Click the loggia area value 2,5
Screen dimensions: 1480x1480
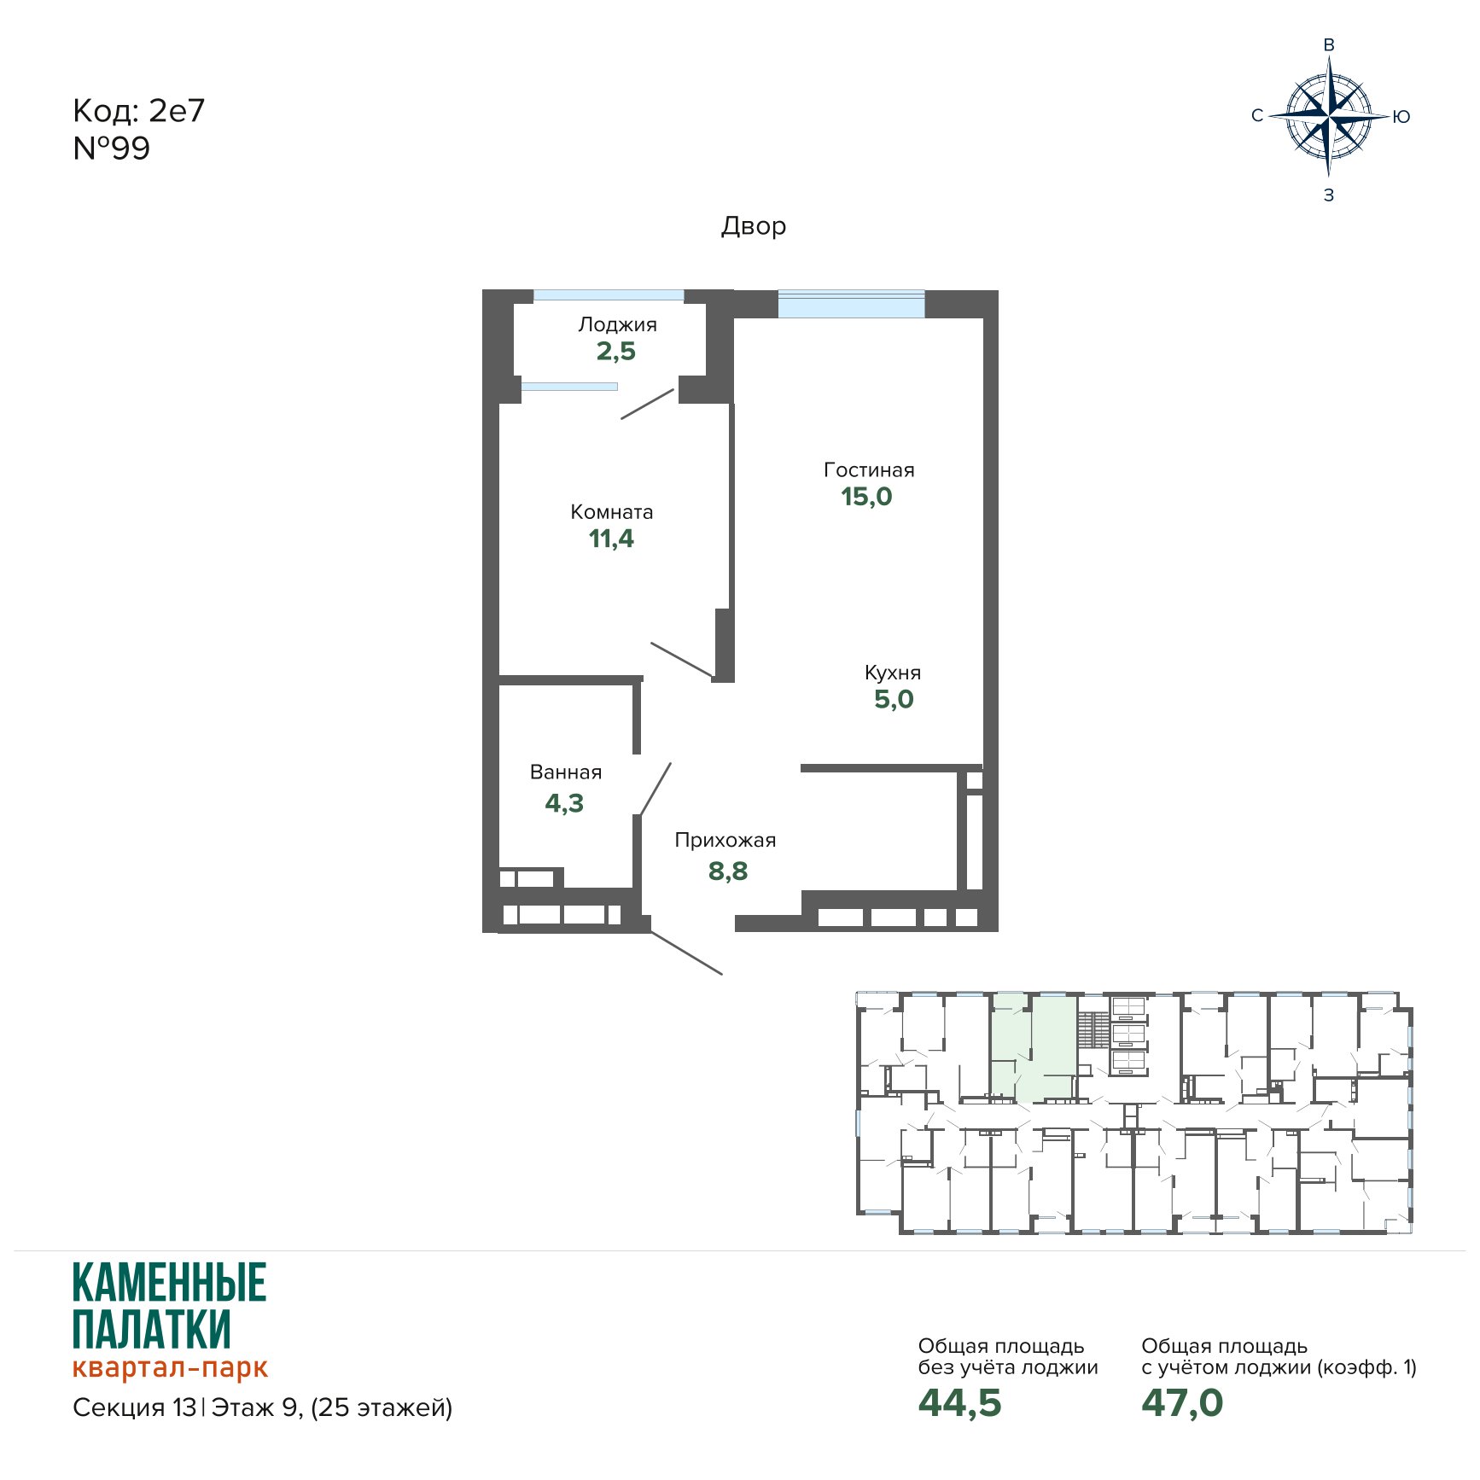pyautogui.click(x=615, y=351)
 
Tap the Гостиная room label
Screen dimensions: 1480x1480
pyautogui.click(x=869, y=469)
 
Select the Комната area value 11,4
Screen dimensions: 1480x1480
pyautogui.click(x=611, y=539)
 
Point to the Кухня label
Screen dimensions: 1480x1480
pyautogui.click(x=893, y=673)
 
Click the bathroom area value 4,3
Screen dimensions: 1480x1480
pyautogui.click(x=564, y=803)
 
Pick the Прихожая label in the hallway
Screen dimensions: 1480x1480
pyautogui.click(x=725, y=840)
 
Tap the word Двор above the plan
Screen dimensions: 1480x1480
pyautogui.click(x=754, y=226)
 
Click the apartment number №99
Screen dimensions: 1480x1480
pyautogui.click(x=112, y=149)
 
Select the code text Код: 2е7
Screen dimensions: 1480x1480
pyautogui.click(x=139, y=111)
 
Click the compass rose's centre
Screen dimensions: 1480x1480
pyautogui.click(x=1328, y=116)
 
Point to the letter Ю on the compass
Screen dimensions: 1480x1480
pyautogui.click(x=1401, y=117)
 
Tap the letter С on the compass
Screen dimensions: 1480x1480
pyautogui.click(x=1257, y=116)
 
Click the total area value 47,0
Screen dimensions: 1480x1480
pyautogui.click(x=1182, y=1403)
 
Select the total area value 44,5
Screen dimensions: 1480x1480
pyautogui.click(x=959, y=1403)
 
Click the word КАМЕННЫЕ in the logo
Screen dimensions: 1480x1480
pyautogui.click(x=170, y=1283)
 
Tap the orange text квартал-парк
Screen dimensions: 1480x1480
pyautogui.click(x=171, y=1367)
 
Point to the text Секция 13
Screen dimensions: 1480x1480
pyautogui.click(x=135, y=1407)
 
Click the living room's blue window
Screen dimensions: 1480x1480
pyautogui.click(x=851, y=305)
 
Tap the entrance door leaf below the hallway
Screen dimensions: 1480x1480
pyautogui.click(x=686, y=953)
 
